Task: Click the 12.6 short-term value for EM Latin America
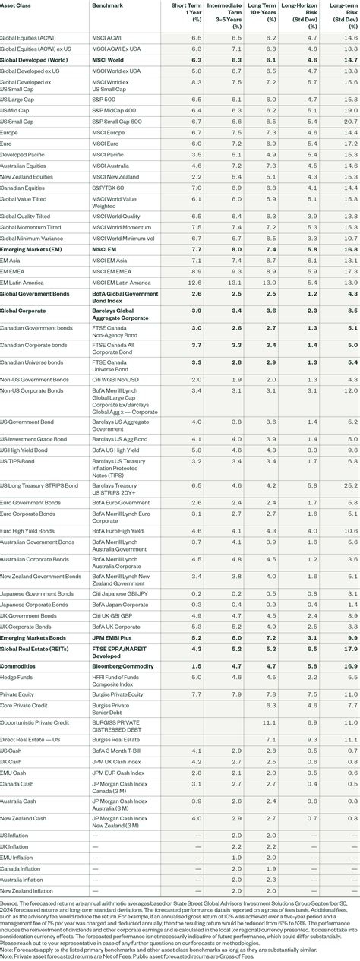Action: click(x=194, y=282)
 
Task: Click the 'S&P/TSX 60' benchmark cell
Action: click(x=107, y=187)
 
